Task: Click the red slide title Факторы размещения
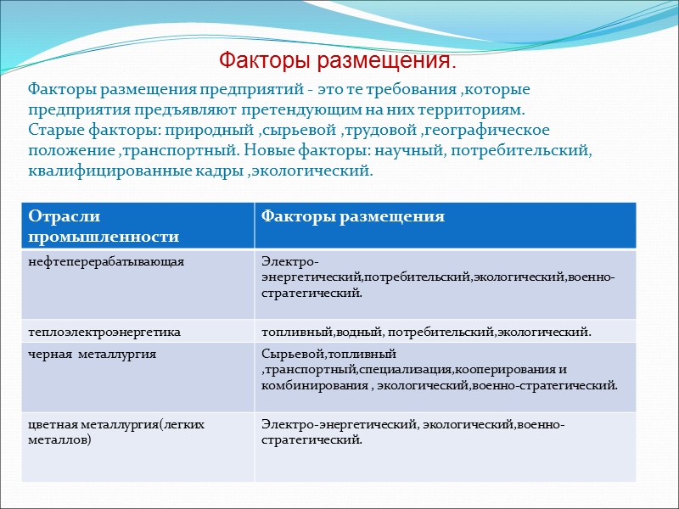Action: point(337,61)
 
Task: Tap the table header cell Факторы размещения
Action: point(352,216)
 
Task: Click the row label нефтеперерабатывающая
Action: point(106,261)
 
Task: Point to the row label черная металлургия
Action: point(92,354)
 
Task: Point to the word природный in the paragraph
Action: point(207,131)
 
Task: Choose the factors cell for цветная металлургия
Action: point(412,431)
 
